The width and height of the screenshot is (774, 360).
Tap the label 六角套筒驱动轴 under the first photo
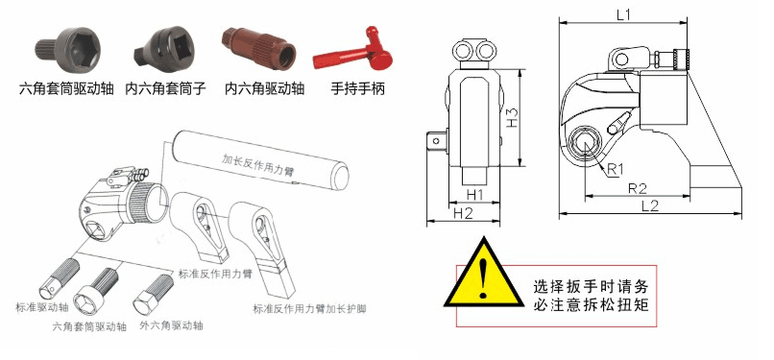(66, 89)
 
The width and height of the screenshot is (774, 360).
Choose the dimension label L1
(621, 15)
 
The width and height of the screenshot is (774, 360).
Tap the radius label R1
(615, 169)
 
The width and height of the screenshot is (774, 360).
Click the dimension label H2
(464, 213)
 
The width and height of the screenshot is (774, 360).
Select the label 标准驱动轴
(43, 307)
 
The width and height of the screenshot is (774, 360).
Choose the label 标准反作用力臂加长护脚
(316, 309)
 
